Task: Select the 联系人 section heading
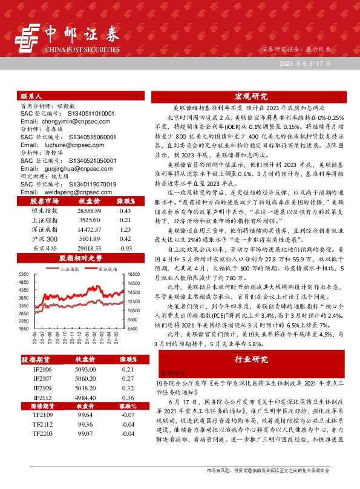31,96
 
